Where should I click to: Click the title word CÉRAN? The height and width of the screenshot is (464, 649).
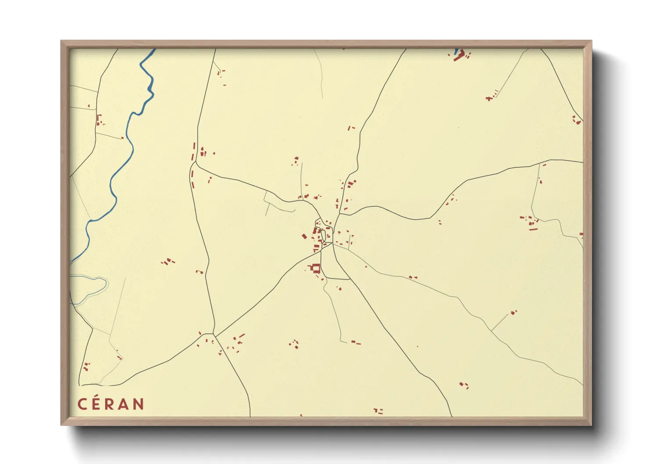coord(111,404)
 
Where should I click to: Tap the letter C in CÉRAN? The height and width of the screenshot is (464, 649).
coord(82,404)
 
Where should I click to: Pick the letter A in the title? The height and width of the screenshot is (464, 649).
coord(124,404)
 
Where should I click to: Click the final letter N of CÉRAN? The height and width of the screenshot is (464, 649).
coord(139,404)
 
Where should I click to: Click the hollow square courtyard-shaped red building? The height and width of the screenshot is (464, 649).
coord(315,268)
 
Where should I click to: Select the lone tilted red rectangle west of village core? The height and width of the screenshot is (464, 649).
coord(304,236)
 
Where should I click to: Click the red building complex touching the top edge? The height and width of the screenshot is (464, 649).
coord(460,56)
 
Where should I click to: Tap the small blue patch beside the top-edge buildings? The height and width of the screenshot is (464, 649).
coord(456,51)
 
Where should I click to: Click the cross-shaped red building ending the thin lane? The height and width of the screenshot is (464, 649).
coord(489,99)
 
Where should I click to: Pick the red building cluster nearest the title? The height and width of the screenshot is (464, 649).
coord(86,366)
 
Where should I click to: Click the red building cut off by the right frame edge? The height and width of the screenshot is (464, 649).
coord(581,235)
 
